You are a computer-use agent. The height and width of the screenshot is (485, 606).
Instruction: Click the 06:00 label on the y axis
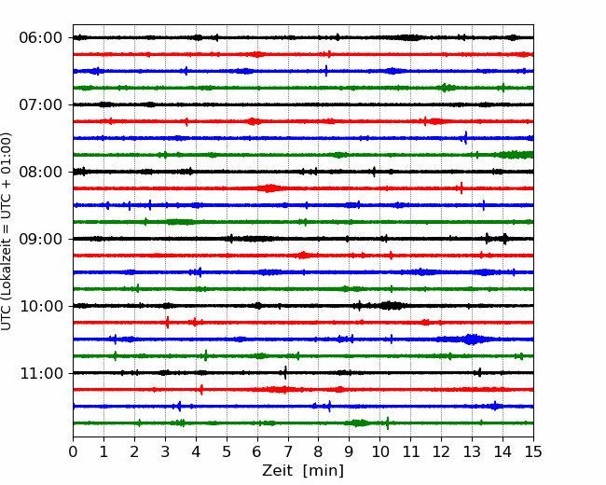click(x=40, y=37)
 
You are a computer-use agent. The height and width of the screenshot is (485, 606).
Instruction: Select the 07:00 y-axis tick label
click(x=40, y=104)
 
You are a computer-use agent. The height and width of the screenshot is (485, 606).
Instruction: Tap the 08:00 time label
click(x=40, y=172)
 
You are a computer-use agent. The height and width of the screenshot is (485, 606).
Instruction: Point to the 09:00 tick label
click(x=40, y=239)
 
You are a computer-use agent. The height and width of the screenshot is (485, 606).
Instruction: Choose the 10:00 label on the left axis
click(x=40, y=306)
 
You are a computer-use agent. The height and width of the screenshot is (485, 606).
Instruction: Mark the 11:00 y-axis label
click(x=40, y=373)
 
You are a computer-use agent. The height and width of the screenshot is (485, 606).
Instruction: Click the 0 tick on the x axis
click(x=73, y=452)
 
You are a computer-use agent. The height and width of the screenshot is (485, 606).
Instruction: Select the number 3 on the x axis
click(x=165, y=452)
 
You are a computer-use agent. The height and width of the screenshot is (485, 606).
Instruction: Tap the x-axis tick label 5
click(x=227, y=452)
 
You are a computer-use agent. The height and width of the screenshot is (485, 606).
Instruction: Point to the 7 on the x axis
click(x=288, y=452)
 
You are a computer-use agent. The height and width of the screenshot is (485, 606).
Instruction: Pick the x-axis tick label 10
click(x=379, y=452)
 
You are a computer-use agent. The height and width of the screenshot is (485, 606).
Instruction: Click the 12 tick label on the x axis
click(x=441, y=452)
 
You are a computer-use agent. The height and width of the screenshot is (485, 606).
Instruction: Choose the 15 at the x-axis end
click(x=533, y=452)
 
